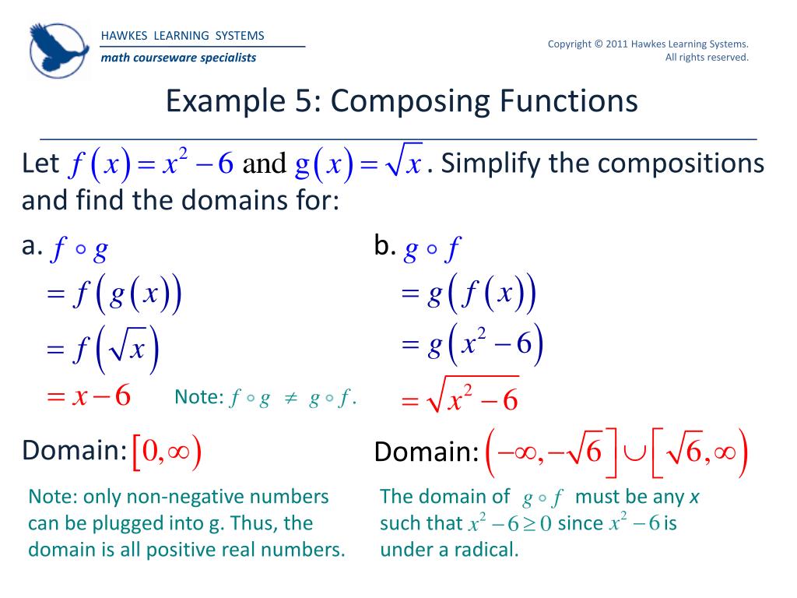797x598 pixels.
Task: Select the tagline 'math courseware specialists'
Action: (178, 58)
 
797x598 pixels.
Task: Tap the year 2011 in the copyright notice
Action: (618, 44)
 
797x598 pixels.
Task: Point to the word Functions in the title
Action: (560, 101)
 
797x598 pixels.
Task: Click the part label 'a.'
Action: (31, 247)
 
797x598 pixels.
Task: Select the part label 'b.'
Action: (385, 247)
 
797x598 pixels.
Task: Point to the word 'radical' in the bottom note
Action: (486, 550)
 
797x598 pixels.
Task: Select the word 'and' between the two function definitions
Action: (265, 164)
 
